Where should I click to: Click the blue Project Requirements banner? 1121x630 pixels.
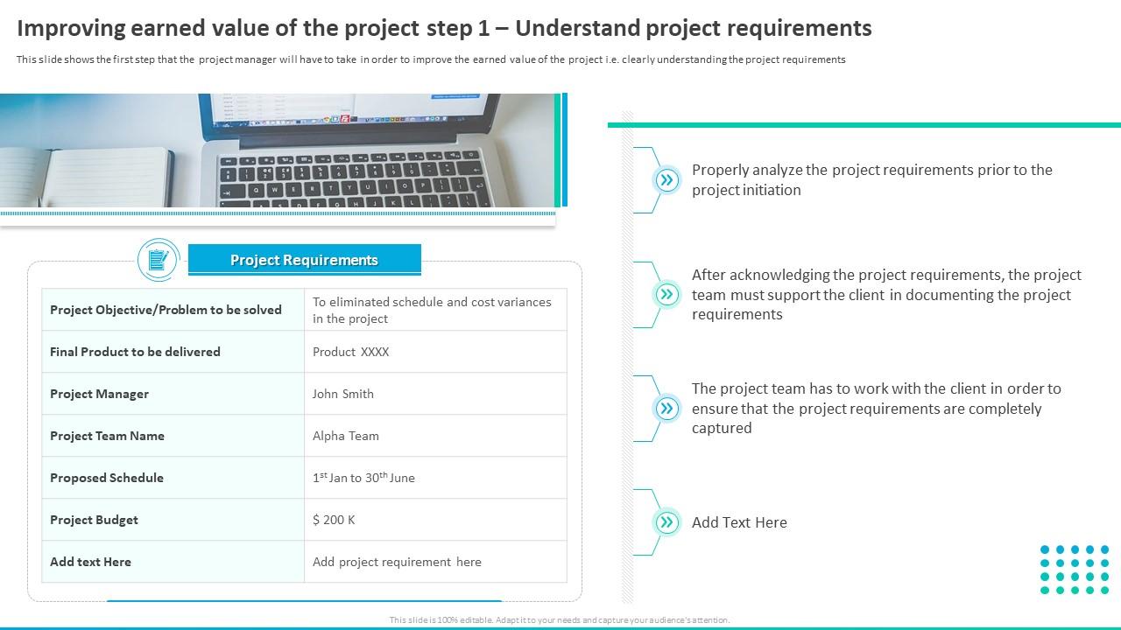pyautogui.click(x=304, y=260)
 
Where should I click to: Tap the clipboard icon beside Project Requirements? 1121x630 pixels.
pyautogui.click(x=159, y=260)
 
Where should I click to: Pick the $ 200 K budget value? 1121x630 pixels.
pyautogui.click(x=334, y=520)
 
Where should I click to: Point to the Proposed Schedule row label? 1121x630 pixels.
pyautogui.click(x=107, y=478)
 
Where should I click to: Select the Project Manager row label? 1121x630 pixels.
pyautogui.click(x=99, y=394)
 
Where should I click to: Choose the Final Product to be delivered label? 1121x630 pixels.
pyautogui.click(x=135, y=352)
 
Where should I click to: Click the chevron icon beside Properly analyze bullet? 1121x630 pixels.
pyautogui.click(x=666, y=180)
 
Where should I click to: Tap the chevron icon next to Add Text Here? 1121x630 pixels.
pyautogui.click(x=666, y=522)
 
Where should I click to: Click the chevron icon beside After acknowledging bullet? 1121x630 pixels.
pyautogui.click(x=666, y=294)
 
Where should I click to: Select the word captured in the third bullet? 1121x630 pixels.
pyautogui.click(x=722, y=429)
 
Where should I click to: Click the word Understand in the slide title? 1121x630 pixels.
pyautogui.click(x=577, y=29)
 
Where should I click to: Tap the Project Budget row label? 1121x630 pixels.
pyautogui.click(x=94, y=520)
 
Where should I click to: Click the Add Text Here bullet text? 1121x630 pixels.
pyautogui.click(x=739, y=522)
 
